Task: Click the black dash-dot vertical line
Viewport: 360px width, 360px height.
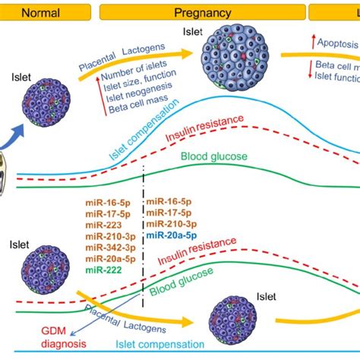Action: [x=143, y=228]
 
